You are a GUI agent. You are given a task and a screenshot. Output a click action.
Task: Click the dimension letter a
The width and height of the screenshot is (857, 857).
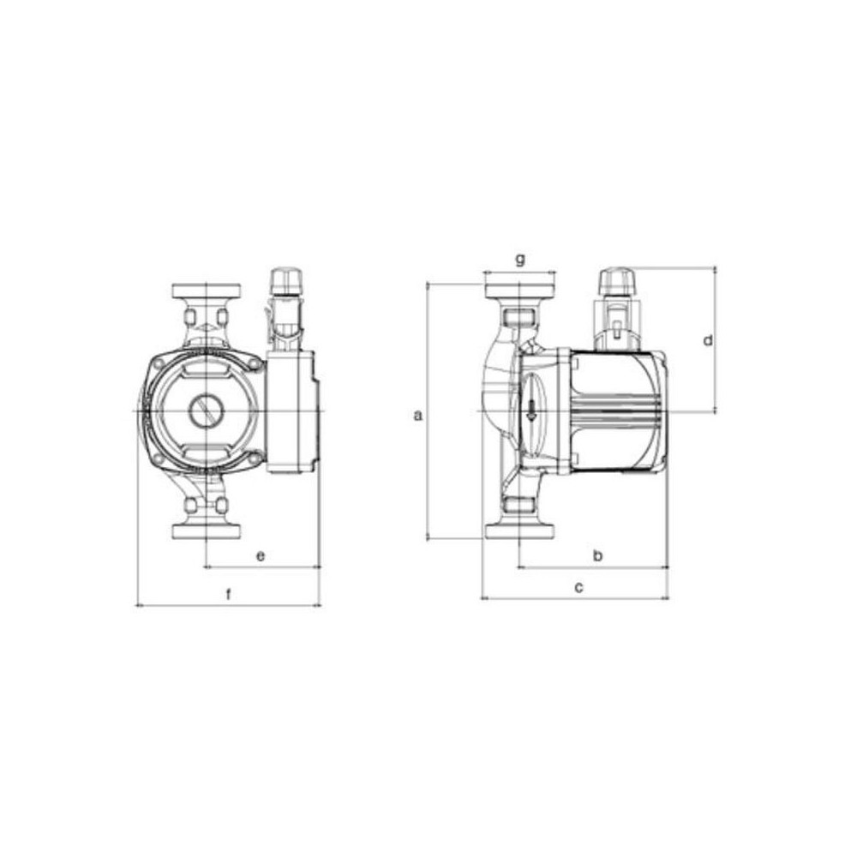(x=418, y=416)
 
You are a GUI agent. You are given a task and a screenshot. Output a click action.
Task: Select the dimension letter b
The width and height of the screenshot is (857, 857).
(x=598, y=556)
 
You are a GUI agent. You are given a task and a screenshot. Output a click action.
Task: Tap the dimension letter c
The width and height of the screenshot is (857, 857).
(x=578, y=588)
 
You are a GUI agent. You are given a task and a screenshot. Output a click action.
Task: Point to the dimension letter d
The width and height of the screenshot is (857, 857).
(x=708, y=340)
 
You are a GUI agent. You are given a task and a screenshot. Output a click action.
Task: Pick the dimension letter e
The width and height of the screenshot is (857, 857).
(x=261, y=556)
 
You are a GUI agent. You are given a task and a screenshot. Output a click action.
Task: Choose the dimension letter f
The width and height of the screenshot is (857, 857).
(x=229, y=594)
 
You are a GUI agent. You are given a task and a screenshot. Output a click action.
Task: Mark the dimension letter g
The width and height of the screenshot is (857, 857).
(x=520, y=259)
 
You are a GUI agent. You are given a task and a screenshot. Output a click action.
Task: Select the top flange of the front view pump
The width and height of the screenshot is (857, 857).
(x=206, y=291)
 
